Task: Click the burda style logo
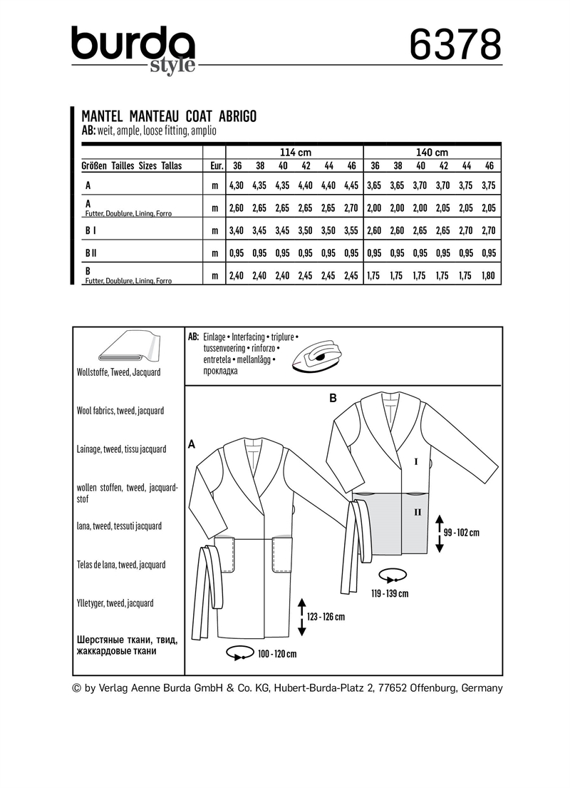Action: pos(133,48)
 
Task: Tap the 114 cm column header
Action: pos(294,152)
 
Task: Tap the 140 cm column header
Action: pos(432,152)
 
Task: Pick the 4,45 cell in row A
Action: pos(351,185)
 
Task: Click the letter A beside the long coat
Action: pos(191,444)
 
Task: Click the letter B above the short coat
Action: pos(333,399)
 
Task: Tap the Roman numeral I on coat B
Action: pos(415,462)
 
